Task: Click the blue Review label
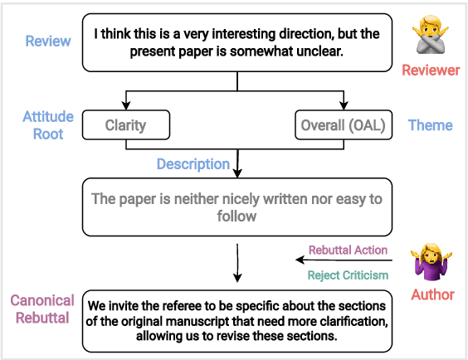pyautogui.click(x=48, y=41)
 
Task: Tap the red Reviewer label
pyautogui.click(x=430, y=70)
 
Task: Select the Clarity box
pyautogui.click(x=125, y=125)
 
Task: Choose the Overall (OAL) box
pyautogui.click(x=343, y=125)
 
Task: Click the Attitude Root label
pyautogui.click(x=48, y=125)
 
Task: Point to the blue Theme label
pyautogui.click(x=430, y=125)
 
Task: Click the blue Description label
pyautogui.click(x=193, y=164)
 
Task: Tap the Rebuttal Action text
pyautogui.click(x=348, y=250)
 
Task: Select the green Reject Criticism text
pyautogui.click(x=347, y=275)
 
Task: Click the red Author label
pyautogui.click(x=432, y=294)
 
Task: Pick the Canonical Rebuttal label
pyautogui.click(x=42, y=309)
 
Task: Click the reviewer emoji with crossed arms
pyautogui.click(x=430, y=36)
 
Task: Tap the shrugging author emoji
pyautogui.click(x=431, y=263)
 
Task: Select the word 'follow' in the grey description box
pyautogui.click(x=237, y=216)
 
